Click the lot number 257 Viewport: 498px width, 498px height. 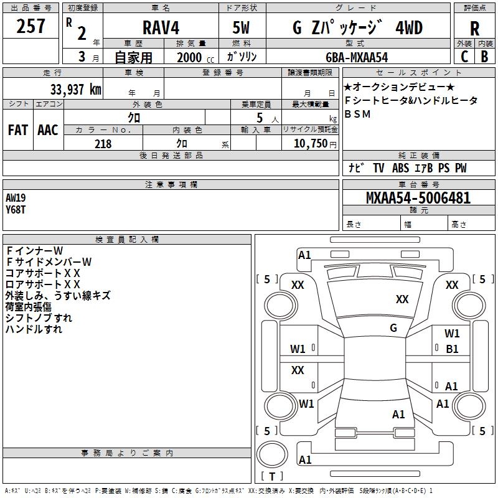[31, 27]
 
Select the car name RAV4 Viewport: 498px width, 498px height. [160, 27]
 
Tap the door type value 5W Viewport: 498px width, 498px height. [242, 28]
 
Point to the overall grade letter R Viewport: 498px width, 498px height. [474, 28]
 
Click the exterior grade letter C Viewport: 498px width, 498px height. [464, 56]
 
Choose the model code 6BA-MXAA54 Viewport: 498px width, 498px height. [357, 57]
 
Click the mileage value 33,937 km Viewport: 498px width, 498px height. [71, 89]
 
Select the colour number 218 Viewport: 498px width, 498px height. [103, 143]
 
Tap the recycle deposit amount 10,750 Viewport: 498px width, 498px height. [309, 143]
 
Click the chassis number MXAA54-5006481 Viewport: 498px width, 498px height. [418, 199]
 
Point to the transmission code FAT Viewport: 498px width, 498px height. [17, 130]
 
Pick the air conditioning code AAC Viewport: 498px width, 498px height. [47, 130]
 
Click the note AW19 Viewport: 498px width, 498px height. [16, 198]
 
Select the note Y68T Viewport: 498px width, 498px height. [16, 210]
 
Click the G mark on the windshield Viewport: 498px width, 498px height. [393, 328]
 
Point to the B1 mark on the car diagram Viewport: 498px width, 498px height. [452, 349]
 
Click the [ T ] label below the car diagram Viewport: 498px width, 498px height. [271, 476]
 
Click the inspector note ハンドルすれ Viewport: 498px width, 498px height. [34, 329]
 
